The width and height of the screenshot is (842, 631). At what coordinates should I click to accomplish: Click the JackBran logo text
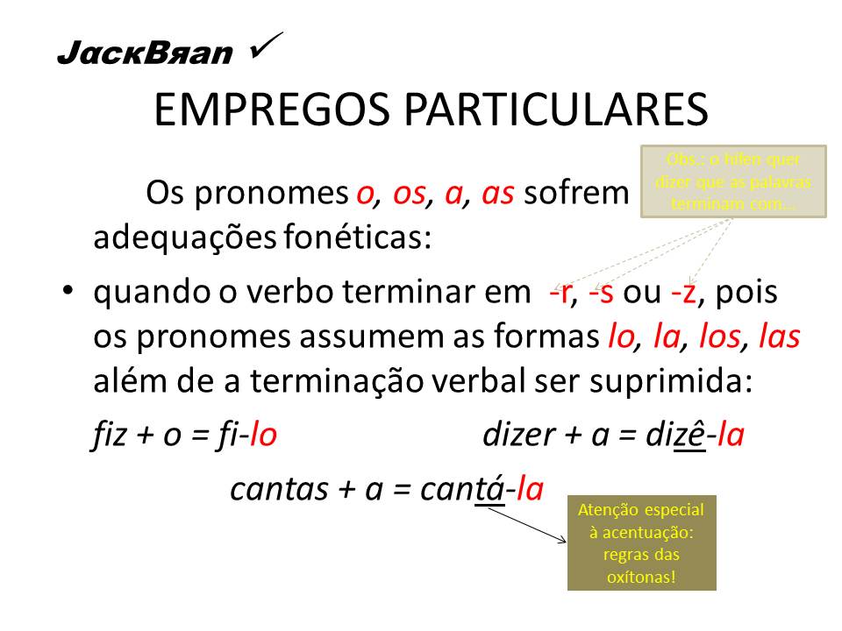click(145, 53)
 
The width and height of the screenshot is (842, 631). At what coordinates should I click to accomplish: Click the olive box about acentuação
click(641, 544)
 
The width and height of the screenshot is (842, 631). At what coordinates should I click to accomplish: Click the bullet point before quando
click(69, 294)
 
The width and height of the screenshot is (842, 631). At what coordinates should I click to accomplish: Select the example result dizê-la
click(693, 436)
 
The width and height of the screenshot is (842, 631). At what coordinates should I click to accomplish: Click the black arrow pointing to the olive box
click(526, 524)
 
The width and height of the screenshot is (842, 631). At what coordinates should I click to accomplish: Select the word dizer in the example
click(517, 436)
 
